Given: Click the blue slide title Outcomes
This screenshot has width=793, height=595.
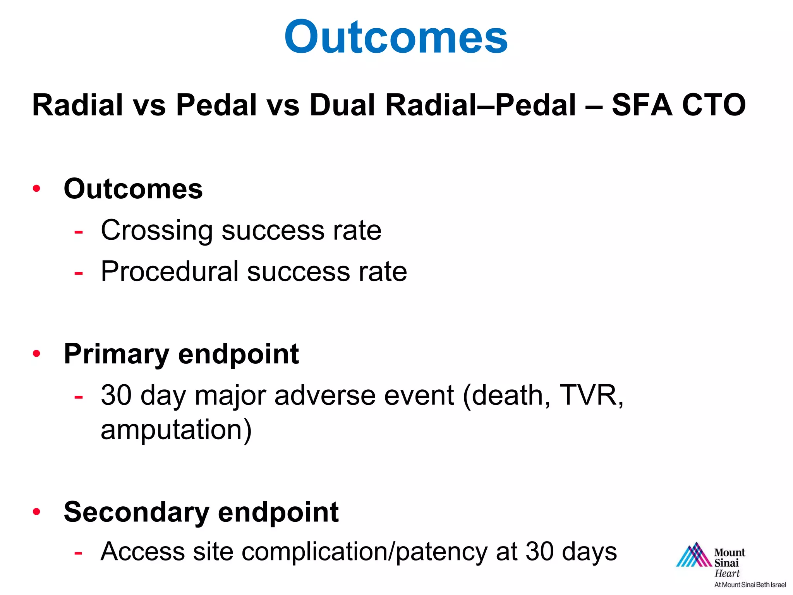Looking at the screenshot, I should click(x=396, y=37).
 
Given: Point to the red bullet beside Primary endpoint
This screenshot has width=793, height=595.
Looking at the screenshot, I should click(x=37, y=353).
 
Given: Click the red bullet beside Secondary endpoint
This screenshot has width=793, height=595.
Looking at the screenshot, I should click(x=37, y=511).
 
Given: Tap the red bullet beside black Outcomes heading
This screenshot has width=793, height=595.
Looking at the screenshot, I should click(x=37, y=189).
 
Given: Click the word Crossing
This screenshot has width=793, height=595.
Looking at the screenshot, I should click(x=156, y=230).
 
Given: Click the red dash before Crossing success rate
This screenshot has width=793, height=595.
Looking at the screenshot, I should click(x=79, y=232).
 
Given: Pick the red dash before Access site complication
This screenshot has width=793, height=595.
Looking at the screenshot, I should click(x=79, y=553).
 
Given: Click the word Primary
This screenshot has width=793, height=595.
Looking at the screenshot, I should click(x=116, y=354).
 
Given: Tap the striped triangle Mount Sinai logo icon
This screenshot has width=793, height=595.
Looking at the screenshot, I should click(x=693, y=555).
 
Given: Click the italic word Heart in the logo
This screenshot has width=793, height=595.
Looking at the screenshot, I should click(x=727, y=573).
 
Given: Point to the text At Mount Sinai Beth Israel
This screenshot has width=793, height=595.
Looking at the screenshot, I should click(x=750, y=585).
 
